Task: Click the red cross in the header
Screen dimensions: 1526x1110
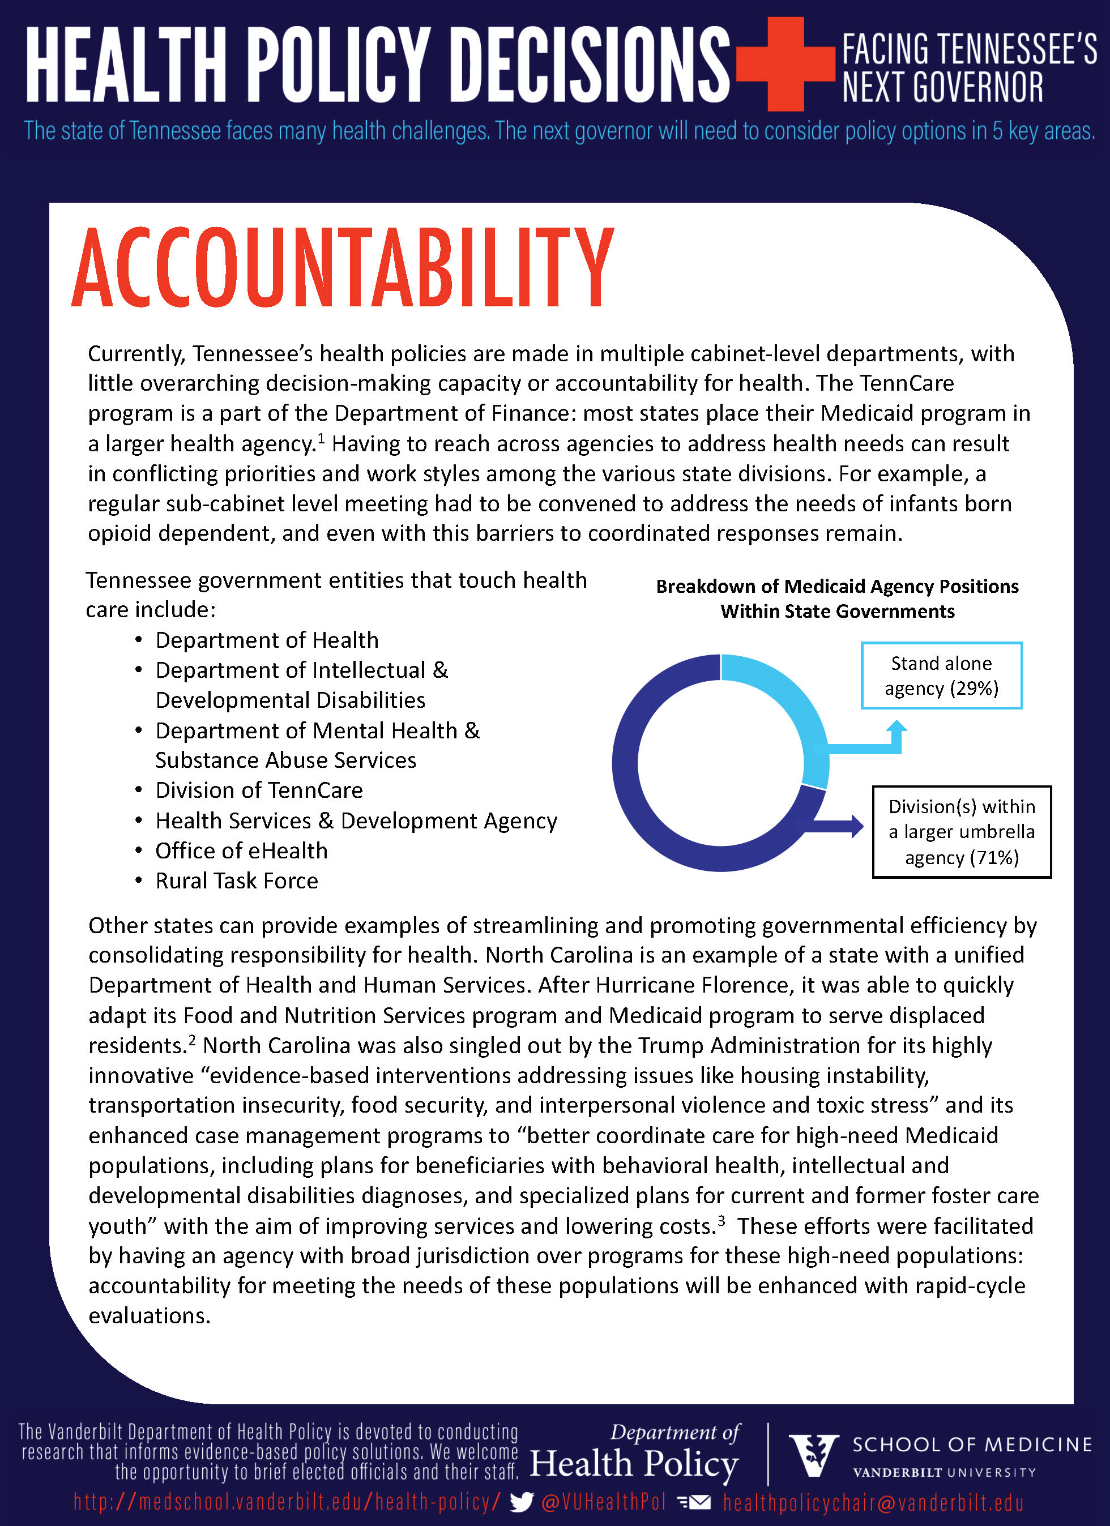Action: [x=785, y=64]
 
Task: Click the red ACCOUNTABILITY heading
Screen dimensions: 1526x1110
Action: [x=343, y=267]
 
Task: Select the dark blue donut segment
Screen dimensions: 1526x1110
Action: [x=646, y=807]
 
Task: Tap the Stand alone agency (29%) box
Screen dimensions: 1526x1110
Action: [x=941, y=676]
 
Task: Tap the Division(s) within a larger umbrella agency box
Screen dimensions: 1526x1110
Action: [x=961, y=832]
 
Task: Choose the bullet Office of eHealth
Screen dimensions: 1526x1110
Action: [x=241, y=850]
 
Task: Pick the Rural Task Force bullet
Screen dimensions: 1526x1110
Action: [x=236, y=880]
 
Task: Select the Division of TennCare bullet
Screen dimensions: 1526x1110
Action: [x=259, y=790]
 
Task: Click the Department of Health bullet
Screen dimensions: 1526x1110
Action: [x=267, y=640]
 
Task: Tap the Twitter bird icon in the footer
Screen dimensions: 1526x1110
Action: [x=522, y=1502]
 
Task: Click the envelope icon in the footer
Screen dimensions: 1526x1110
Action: [x=694, y=1502]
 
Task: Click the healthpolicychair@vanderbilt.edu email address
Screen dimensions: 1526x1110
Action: [x=873, y=1502]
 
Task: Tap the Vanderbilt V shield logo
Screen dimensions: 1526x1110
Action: [x=814, y=1455]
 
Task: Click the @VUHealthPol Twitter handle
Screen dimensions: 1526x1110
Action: [x=603, y=1502]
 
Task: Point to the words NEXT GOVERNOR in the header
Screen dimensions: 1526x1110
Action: [x=942, y=87]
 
